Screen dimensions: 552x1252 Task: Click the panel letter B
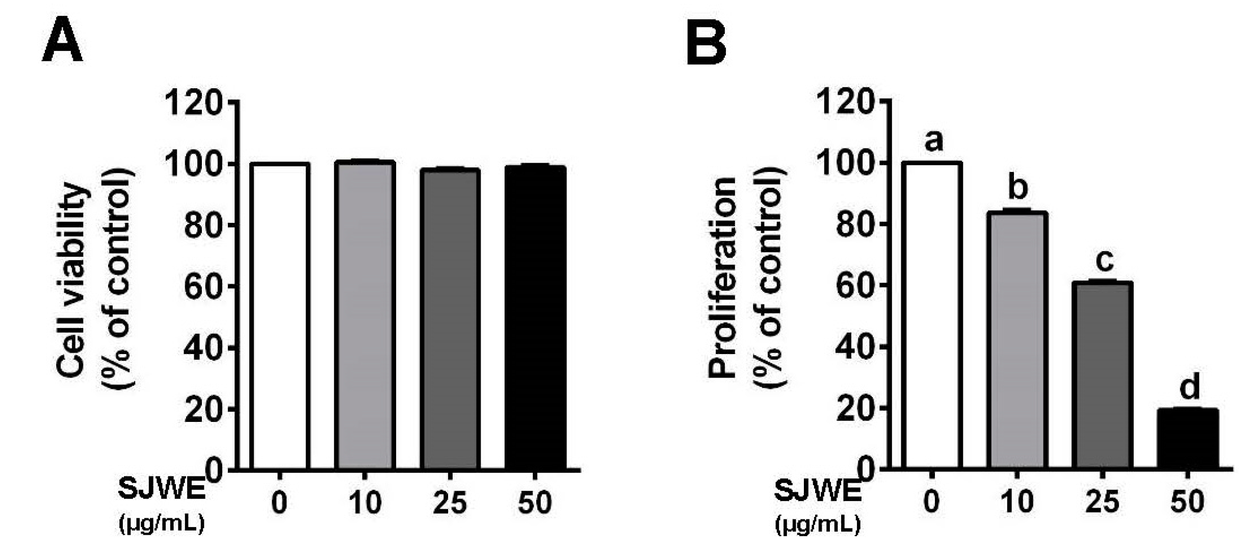[706, 45]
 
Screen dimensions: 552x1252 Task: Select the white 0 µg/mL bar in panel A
[279, 316]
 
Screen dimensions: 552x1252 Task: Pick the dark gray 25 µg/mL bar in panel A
[450, 319]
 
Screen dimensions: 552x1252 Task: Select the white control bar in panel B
[932, 316]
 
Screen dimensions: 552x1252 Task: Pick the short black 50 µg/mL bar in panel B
[1188, 439]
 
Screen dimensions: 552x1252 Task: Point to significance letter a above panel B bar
[933, 141]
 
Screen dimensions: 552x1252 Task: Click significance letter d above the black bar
[1190, 387]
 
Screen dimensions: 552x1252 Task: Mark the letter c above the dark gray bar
[1104, 261]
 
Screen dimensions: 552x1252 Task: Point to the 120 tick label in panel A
[194, 103]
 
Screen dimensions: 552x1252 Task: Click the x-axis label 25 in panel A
[450, 503]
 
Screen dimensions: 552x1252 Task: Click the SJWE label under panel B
[818, 491]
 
